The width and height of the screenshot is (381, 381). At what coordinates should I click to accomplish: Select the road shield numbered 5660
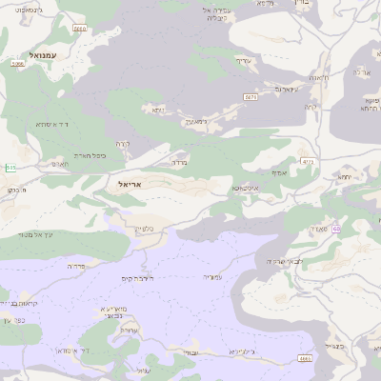79,29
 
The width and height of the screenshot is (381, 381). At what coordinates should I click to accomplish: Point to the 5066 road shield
17,64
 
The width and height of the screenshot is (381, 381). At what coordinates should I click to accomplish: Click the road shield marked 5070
251,96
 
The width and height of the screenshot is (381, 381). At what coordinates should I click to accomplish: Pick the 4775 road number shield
307,163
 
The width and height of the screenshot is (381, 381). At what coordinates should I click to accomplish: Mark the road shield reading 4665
305,358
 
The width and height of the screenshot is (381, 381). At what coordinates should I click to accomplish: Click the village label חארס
59,164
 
